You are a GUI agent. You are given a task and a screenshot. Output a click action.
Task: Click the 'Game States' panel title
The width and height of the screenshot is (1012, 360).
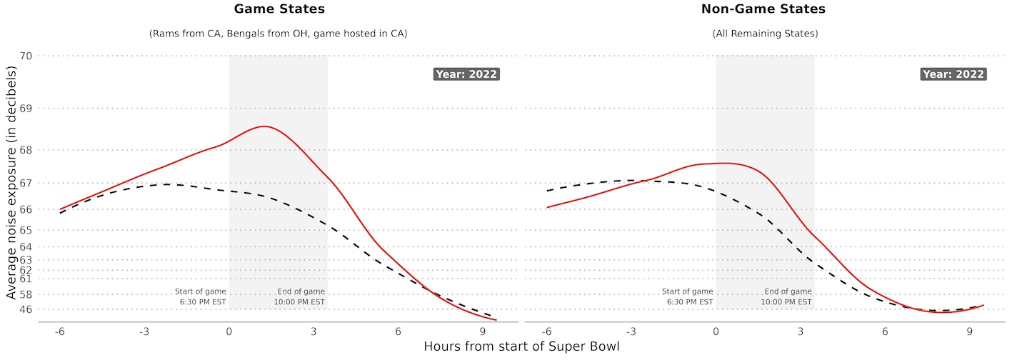pyautogui.click(x=278, y=10)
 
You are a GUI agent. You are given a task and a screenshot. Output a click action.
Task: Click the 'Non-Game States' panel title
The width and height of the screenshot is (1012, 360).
pyautogui.click(x=765, y=10)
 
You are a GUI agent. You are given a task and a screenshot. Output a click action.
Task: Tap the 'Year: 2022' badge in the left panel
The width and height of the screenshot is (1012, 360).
pyautogui.click(x=466, y=74)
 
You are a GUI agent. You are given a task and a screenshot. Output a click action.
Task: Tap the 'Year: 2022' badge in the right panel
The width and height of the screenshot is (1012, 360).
pyautogui.click(x=953, y=74)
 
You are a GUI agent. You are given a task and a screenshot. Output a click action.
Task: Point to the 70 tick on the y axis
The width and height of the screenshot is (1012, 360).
pyautogui.click(x=27, y=56)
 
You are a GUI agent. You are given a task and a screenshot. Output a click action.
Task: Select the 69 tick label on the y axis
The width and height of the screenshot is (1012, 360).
pyautogui.click(x=27, y=109)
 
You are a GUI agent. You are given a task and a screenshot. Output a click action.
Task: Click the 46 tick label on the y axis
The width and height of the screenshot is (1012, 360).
pyautogui.click(x=27, y=309)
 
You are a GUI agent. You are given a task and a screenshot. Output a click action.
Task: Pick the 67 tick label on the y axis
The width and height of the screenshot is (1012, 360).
pyautogui.click(x=27, y=184)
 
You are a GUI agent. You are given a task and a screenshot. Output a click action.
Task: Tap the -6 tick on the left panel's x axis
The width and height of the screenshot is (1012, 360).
pyautogui.click(x=60, y=332)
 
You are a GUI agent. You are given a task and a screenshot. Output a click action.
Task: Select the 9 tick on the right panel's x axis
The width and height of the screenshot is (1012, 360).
pyautogui.click(x=969, y=332)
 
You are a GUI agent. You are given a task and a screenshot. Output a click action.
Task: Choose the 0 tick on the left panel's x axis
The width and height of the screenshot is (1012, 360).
pyautogui.click(x=229, y=332)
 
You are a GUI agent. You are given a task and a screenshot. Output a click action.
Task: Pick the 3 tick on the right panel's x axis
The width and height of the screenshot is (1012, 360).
pyautogui.click(x=800, y=332)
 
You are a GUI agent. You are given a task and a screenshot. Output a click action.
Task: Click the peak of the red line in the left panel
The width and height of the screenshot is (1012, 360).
pyautogui.click(x=264, y=126)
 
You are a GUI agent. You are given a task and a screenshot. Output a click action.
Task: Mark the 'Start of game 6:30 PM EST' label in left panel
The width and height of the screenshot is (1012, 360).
pyautogui.click(x=201, y=296)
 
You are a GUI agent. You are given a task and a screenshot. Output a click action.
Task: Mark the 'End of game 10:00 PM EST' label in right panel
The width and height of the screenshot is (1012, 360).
pyautogui.click(x=786, y=296)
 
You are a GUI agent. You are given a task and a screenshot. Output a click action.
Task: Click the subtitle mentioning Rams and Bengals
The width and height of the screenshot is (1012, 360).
pyautogui.click(x=278, y=34)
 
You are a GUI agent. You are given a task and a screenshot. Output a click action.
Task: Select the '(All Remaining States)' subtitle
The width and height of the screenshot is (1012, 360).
pyautogui.click(x=765, y=34)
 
